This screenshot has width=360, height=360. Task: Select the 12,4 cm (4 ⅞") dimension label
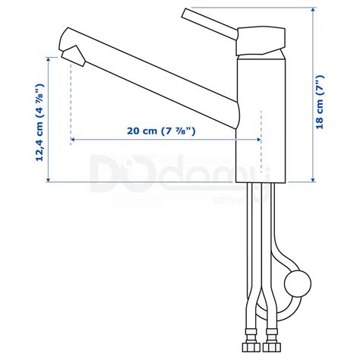pyautogui.click(x=38, y=121)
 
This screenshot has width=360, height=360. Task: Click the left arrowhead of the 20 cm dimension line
pyautogui.click(x=74, y=140)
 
